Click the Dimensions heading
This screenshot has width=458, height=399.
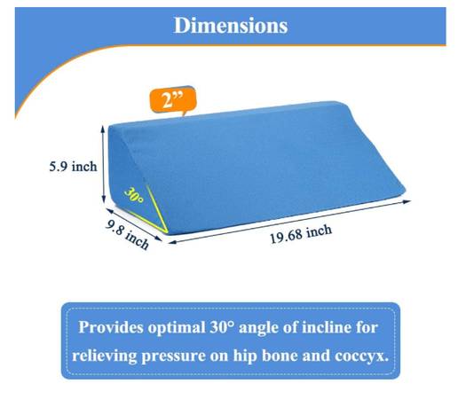tap(231, 26)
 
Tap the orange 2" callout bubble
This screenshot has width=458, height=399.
tap(173, 100)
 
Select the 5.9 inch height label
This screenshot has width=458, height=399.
tap(73, 167)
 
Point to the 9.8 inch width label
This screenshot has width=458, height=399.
tap(127, 235)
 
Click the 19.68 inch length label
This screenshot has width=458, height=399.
tap(301, 234)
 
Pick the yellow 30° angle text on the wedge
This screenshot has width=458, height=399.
tap(134, 195)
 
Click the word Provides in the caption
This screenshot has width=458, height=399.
tap(111, 327)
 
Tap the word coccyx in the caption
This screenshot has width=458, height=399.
tap(361, 356)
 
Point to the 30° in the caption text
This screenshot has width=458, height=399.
tap(222, 327)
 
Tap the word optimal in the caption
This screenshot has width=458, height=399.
tap(177, 328)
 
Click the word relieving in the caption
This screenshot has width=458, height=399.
tap(105, 356)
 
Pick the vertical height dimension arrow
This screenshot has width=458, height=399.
tap(103, 164)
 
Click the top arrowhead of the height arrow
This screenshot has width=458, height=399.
tap(103, 128)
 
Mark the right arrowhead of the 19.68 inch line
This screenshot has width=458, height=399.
tap(407, 201)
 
